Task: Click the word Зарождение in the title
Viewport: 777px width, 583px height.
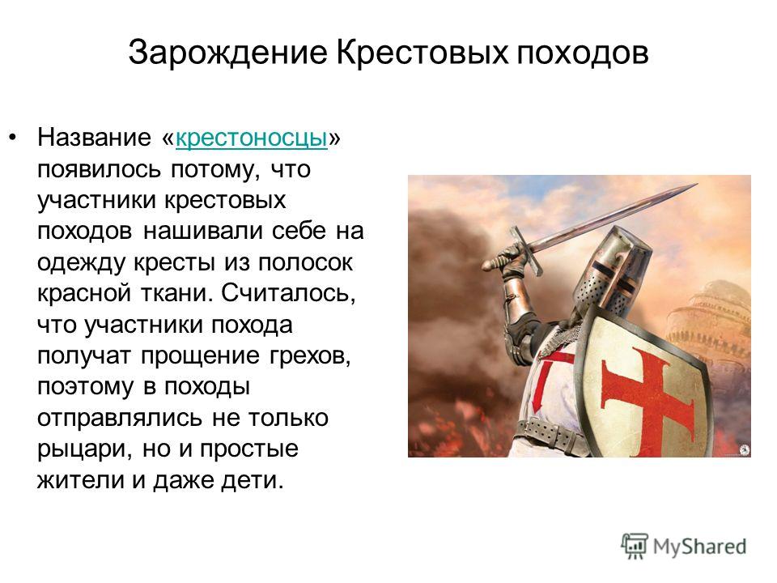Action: (228, 53)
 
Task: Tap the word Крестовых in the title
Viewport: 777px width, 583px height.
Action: (422, 52)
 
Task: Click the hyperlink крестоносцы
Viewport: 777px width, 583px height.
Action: (251, 138)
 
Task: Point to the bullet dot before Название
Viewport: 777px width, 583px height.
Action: (14, 137)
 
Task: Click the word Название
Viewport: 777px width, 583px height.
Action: (94, 138)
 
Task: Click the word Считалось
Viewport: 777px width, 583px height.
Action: (288, 294)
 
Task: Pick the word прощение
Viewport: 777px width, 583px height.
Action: (200, 356)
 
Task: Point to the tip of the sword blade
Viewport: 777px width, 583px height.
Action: (697, 185)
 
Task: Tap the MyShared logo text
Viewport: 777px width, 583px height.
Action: (699, 547)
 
